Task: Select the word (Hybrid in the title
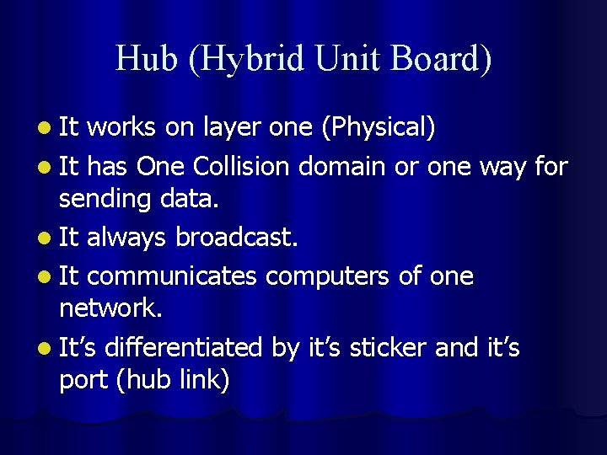pos(227,59)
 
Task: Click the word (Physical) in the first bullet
pos(379,127)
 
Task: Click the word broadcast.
pos(237,238)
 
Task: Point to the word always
pos(127,238)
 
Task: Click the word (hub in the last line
pos(144,380)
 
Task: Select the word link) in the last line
pos(204,380)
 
